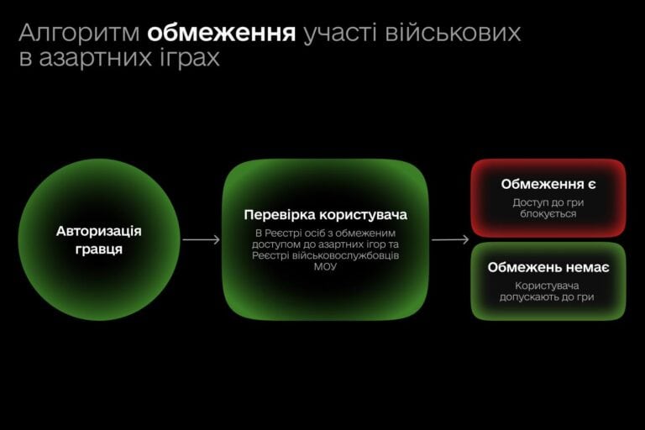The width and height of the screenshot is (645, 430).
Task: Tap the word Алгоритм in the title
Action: [x=80, y=33]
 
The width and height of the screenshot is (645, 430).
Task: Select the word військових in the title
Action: [x=454, y=33]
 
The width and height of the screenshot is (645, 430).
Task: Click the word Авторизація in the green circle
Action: [x=99, y=231]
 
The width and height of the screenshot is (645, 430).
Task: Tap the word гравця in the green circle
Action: [x=99, y=249]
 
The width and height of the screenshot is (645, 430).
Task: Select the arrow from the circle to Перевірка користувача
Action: [x=202, y=240]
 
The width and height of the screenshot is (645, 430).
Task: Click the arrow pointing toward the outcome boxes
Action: [x=450, y=240]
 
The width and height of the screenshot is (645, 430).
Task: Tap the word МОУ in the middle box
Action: [x=326, y=267]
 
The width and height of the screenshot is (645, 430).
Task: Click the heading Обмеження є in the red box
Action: [x=548, y=184]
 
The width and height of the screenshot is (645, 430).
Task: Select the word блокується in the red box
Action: [x=548, y=214]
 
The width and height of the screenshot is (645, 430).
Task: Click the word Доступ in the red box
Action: [x=531, y=202]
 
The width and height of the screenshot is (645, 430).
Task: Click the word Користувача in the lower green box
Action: [x=548, y=286]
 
